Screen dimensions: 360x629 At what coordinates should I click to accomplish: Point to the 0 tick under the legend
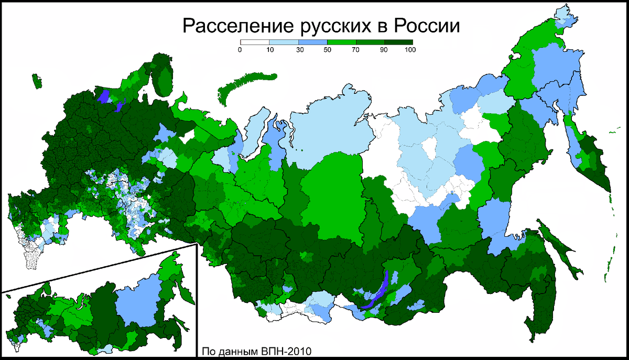click(x=240, y=50)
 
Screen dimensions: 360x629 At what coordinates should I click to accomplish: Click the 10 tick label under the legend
click(x=269, y=50)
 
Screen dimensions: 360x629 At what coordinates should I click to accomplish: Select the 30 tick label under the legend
click(x=298, y=50)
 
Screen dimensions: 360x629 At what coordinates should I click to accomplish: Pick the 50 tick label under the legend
click(x=327, y=50)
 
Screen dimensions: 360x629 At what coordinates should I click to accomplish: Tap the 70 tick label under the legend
click(x=355, y=50)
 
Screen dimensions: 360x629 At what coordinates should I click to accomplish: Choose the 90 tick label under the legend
click(x=384, y=50)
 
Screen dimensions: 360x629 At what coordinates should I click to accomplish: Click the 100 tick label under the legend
click(x=411, y=50)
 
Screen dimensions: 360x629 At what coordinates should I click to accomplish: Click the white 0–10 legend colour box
click(x=254, y=42)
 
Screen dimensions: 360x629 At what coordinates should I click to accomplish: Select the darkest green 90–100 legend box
click(x=398, y=42)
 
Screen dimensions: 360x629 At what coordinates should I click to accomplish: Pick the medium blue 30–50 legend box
click(x=312, y=42)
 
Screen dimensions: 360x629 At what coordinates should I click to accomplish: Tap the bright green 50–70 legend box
click(x=341, y=42)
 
